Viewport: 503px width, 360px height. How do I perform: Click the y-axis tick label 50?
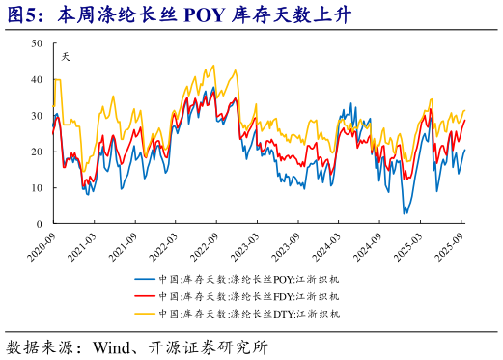pos(36,43)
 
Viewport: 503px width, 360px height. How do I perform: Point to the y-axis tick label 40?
pos(36,80)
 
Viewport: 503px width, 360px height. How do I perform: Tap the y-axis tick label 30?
pos(36,116)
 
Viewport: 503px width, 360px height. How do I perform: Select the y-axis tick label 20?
pos(36,152)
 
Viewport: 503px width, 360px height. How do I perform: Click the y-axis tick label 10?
pos(36,187)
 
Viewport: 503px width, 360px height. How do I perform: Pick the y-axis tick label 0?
pos(39,224)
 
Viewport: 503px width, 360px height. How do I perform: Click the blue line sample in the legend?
pos(146,279)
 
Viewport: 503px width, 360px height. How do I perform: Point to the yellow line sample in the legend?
pos(146,314)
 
